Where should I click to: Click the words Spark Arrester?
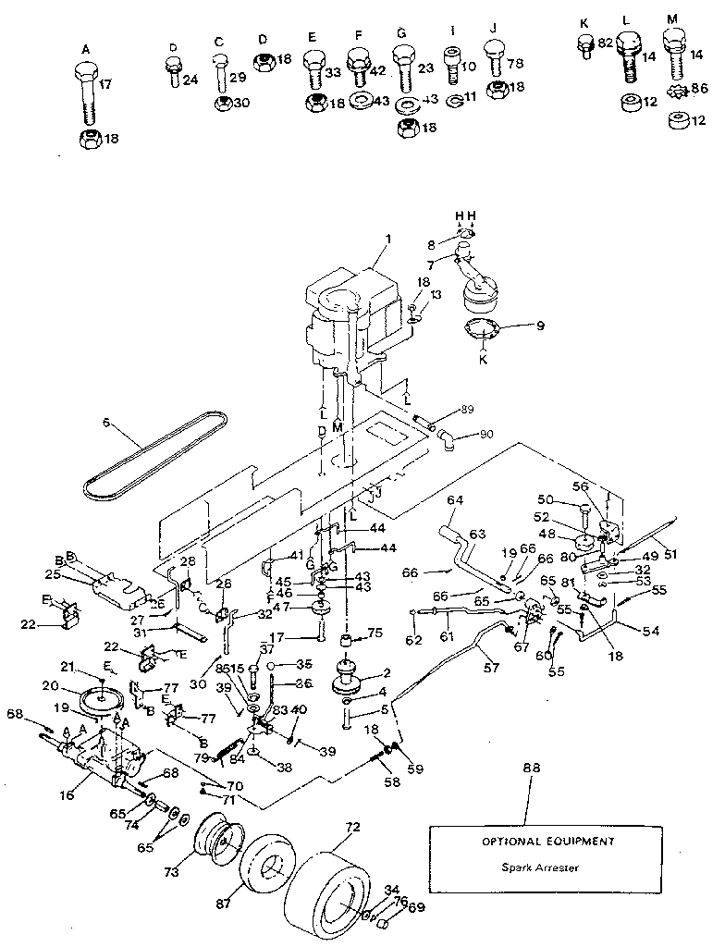click(526, 867)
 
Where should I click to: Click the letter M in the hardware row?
click(671, 18)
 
